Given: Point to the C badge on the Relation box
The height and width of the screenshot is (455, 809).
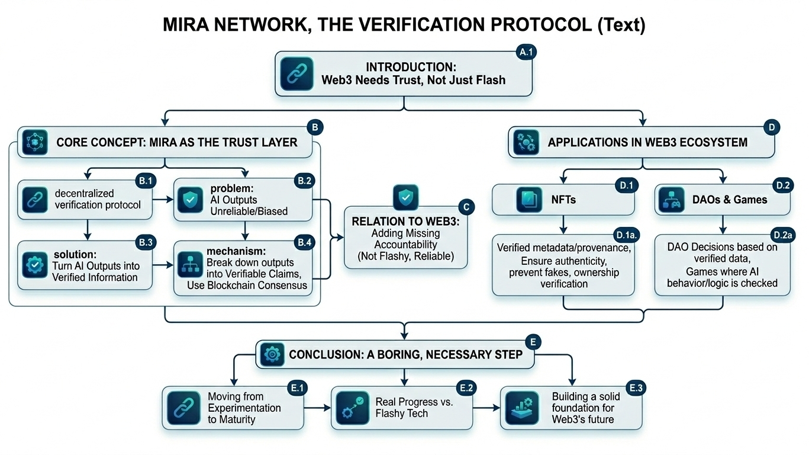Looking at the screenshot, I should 466,207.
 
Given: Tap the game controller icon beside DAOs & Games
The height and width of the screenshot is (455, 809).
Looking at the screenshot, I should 673,200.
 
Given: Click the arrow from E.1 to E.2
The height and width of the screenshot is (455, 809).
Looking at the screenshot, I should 317,408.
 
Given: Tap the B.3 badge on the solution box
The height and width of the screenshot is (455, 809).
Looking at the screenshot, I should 146,242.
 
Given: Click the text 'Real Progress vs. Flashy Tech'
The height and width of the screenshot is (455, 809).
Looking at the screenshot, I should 414,408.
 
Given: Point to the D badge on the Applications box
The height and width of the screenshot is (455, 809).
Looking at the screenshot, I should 772,126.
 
